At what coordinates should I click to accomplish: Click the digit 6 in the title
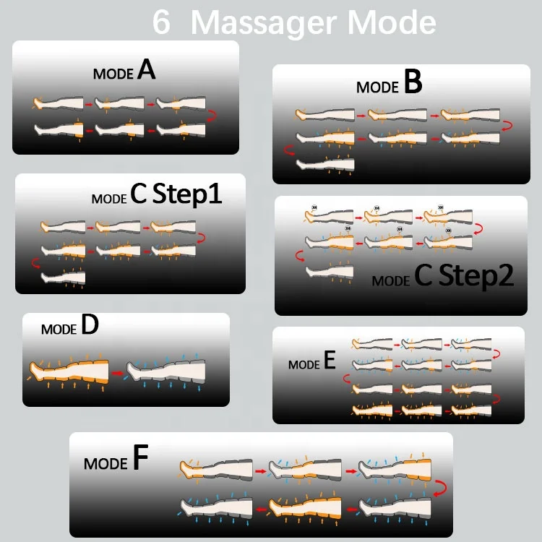pos(162,22)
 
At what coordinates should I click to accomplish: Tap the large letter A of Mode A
pos(146,70)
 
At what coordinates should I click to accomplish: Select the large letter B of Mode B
pos(413,83)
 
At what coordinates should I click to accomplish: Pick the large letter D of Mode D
pos(90,326)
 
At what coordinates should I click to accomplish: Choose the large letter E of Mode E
pos(330,361)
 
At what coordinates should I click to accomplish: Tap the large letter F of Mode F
pos(140,460)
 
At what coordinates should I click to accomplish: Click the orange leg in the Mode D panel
pos(69,371)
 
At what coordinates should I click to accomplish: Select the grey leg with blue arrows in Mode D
pos(168,371)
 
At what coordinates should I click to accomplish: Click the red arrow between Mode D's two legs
pos(116,373)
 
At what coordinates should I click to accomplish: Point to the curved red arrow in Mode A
pos(212,115)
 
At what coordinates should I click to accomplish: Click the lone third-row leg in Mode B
pos(326,164)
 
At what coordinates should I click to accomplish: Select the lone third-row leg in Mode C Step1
pos(64,277)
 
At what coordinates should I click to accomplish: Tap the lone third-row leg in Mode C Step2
pos(330,271)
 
